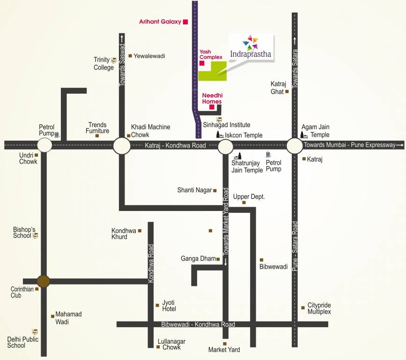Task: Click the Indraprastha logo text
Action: point(251,54)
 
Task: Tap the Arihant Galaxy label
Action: point(160,22)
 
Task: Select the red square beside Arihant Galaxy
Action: point(185,22)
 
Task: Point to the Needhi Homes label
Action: point(212,98)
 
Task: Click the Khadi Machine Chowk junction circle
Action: point(122,145)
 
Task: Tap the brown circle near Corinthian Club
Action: point(44,281)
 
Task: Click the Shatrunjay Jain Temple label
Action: point(247,166)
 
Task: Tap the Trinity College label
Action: point(103,63)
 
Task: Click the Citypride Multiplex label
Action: point(319,308)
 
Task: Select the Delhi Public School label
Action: point(23,342)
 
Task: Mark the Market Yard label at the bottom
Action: point(224,350)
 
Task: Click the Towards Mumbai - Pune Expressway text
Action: point(349,145)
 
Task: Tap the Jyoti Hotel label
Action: point(169,305)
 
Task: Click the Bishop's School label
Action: point(24,232)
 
